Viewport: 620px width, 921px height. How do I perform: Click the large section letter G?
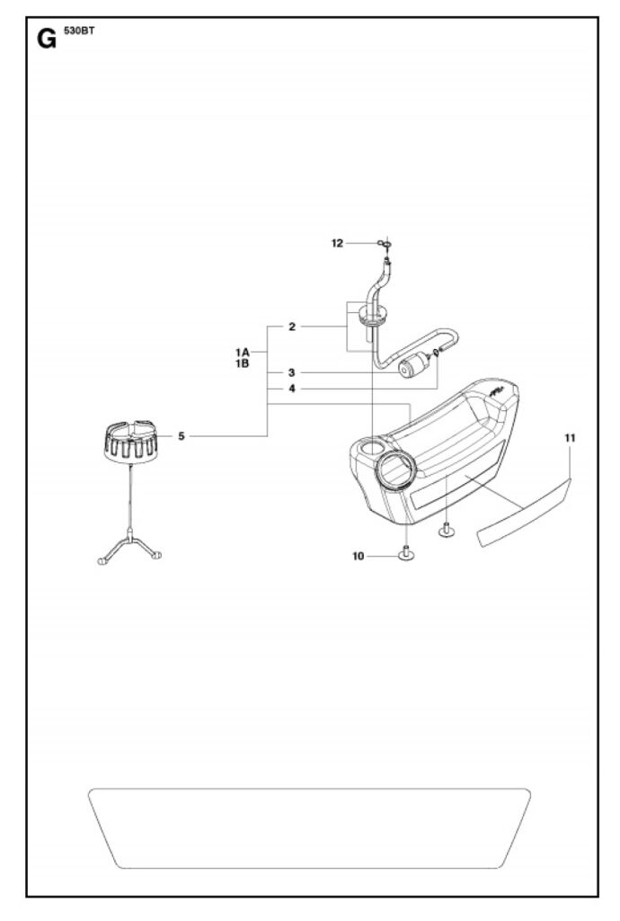tap(47, 39)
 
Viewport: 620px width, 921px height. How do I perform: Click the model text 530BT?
tap(78, 31)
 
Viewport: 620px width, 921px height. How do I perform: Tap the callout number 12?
tap(337, 243)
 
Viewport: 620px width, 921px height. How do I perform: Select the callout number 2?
tap(292, 326)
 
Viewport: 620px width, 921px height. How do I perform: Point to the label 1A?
tap(243, 353)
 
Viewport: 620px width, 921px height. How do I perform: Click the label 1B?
tap(243, 363)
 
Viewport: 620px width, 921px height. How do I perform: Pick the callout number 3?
tap(291, 373)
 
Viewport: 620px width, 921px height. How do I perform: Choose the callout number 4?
tap(291, 389)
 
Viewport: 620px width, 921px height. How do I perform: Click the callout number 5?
tap(182, 436)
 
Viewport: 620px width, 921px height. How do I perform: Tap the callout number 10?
tap(358, 556)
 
